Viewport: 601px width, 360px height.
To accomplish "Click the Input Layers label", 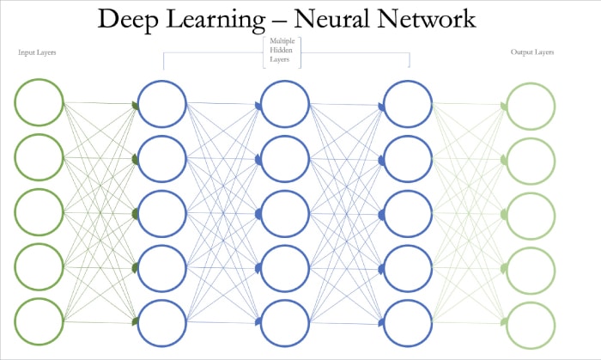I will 38,52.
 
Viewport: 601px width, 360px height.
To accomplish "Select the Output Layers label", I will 533,52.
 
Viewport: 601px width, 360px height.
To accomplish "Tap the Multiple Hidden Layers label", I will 287,52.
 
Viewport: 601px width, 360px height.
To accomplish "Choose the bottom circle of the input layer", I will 39,321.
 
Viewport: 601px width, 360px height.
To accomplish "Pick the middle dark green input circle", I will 39,213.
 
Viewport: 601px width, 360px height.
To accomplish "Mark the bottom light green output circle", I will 531,322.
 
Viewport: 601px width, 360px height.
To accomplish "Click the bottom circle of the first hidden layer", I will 162,321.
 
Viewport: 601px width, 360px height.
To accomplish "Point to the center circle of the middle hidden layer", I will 286,213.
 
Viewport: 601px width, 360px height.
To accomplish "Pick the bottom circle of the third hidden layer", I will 409,321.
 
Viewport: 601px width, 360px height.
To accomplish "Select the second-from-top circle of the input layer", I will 39,158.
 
